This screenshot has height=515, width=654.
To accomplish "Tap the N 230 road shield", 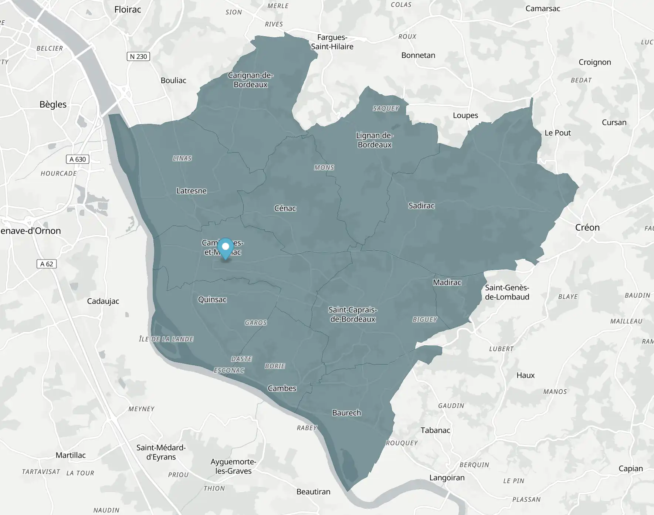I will coord(138,57).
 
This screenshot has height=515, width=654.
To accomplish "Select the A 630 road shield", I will coord(78,159).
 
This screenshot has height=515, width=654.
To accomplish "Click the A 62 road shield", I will coord(47,264).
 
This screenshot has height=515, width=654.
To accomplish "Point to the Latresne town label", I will coord(191,191).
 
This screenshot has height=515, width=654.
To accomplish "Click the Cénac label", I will coord(285,208).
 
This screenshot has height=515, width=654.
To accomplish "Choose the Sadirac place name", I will coord(421,206).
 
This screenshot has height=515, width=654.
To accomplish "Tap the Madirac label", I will coord(447,282).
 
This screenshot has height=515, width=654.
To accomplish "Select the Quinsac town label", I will coord(212,299).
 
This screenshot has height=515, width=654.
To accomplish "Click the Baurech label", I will coord(346,413).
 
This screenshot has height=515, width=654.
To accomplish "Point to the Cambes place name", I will coord(282,388).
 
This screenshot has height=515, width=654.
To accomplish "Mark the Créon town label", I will coord(587,227).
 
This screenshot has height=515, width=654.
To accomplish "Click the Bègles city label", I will coord(53,104).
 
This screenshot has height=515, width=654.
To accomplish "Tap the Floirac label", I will coord(128,10).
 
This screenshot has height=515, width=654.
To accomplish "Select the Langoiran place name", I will coord(447,478).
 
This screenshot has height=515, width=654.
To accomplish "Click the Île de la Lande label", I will coord(166,339).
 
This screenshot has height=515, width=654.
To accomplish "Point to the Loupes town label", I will coord(465,115).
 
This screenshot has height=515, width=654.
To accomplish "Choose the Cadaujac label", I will coord(103,301).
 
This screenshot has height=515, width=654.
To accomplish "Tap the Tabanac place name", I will coord(435,430).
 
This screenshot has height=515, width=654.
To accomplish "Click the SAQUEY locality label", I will coord(386,108).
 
